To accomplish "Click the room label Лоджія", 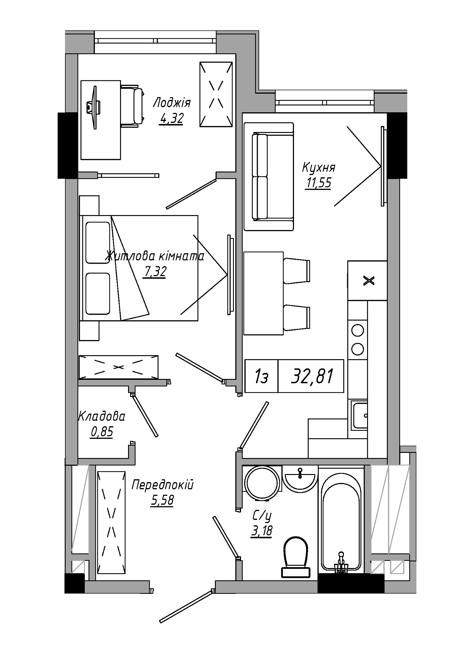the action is (x=172, y=103).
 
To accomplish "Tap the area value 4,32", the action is (x=171, y=119).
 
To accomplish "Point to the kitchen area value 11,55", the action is (x=318, y=183).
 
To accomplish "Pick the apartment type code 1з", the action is (x=261, y=376).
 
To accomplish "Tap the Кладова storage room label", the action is (x=102, y=416).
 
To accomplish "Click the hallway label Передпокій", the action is (x=162, y=485).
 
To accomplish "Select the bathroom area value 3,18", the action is (x=261, y=531).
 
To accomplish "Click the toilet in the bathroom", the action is (x=295, y=558).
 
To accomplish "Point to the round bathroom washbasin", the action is (x=299, y=479).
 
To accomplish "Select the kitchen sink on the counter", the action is (x=359, y=415).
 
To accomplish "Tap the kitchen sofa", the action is (x=269, y=177).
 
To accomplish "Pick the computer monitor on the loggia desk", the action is (x=94, y=107).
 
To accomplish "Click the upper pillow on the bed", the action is (x=98, y=243).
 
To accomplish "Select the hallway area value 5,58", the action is (x=162, y=500).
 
